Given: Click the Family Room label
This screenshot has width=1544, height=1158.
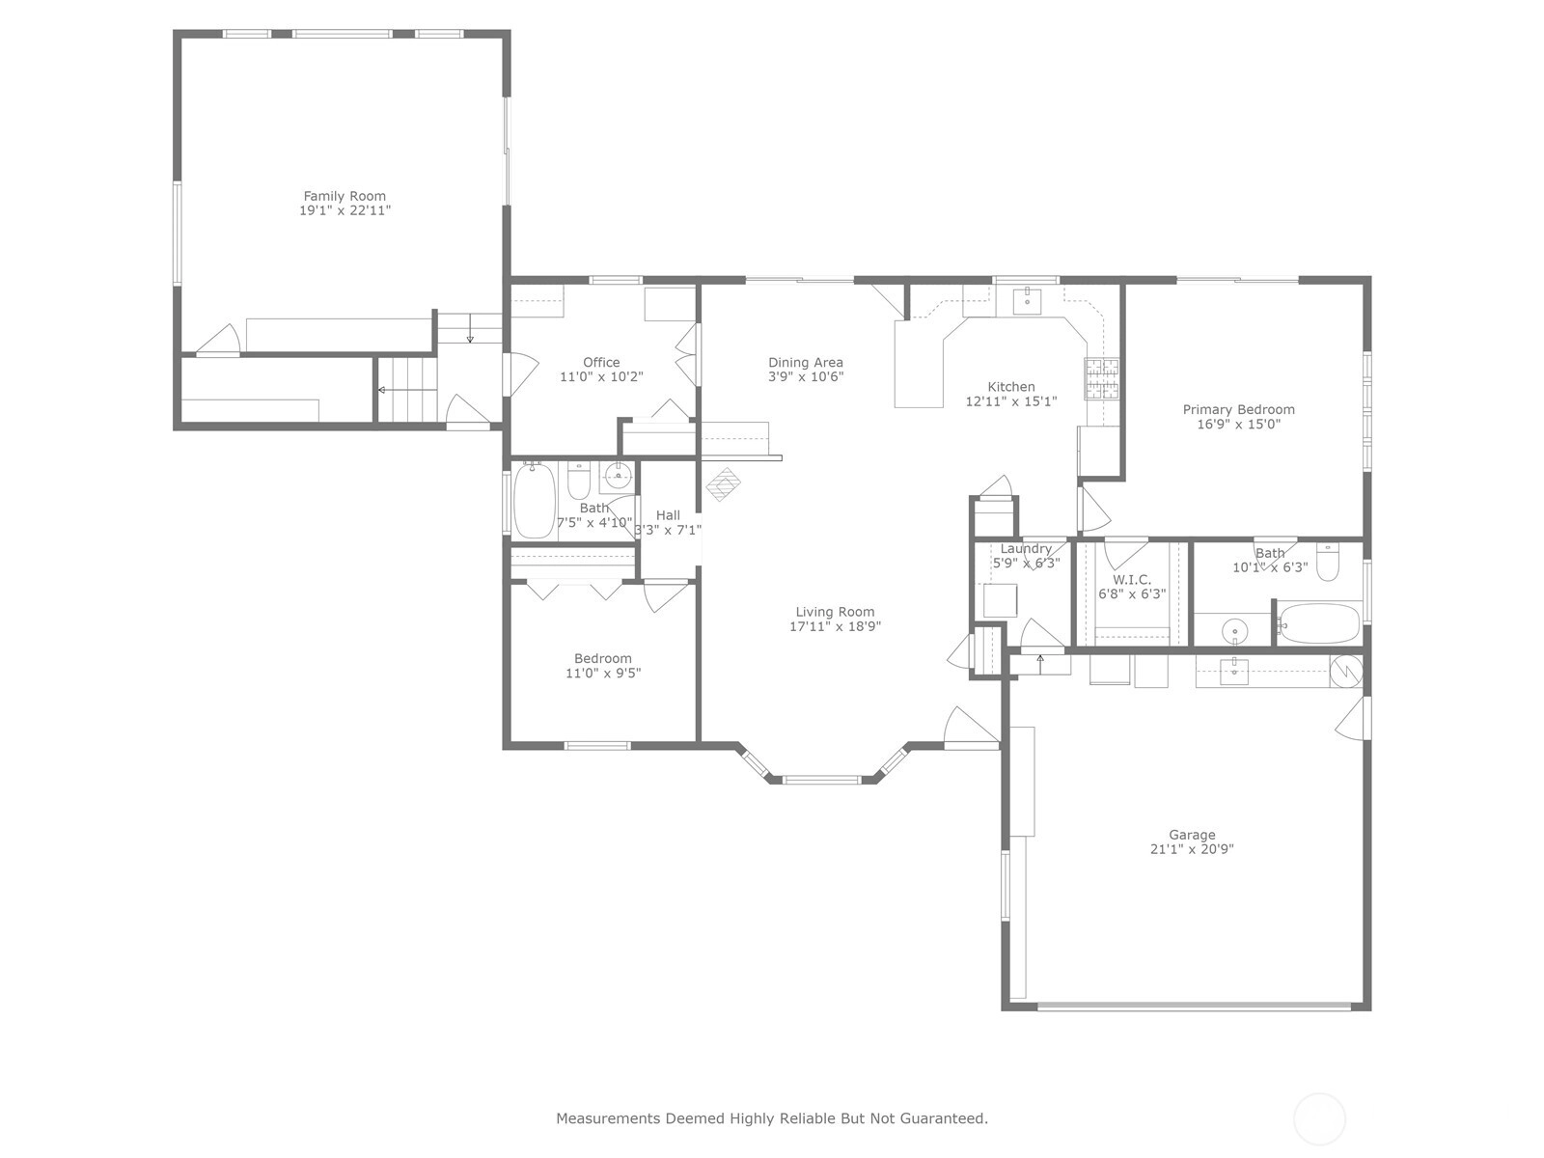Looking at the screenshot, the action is pos(344,196).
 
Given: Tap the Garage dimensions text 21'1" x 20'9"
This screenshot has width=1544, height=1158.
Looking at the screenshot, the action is pos(1192,849).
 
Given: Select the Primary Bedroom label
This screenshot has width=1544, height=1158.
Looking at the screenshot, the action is pos(1238,409).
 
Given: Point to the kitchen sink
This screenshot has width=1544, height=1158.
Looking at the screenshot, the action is pos(1028,302).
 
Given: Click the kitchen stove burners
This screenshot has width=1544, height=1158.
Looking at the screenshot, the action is pos(1102,379).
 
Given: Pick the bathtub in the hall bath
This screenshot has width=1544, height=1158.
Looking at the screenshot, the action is pos(535,501).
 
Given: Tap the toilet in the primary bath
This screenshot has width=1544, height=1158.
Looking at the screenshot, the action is pos(1327,563).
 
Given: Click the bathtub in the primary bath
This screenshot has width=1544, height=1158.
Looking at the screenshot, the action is pos(1319,623).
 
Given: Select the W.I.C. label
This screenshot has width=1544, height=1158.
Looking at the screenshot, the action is pos(1132,580).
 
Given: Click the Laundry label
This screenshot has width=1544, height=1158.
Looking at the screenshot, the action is pos(1026,549).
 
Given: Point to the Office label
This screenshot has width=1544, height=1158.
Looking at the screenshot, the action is pos(601,362).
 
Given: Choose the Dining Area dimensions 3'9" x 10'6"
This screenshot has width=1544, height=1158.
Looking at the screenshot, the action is pos(806,377).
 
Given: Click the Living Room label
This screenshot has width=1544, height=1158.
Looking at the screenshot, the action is pos(835,612).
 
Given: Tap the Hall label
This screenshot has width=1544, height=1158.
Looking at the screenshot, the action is pos(668,515).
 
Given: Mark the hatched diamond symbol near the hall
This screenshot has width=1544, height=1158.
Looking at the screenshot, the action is pos(724,484).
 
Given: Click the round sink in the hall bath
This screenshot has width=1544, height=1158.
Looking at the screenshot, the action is pos(619,477).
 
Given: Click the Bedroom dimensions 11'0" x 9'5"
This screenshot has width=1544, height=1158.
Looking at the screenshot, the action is pos(603,673).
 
